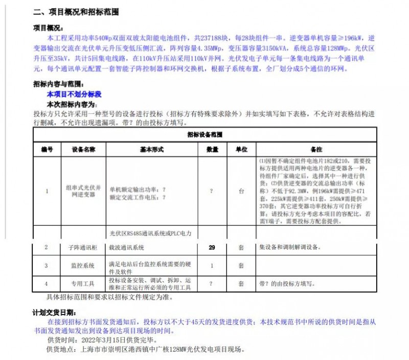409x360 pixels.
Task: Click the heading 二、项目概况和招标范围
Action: [76, 12]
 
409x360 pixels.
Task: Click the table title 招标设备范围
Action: [204, 134]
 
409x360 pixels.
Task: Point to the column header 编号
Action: [47, 150]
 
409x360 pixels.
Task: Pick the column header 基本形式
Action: [151, 150]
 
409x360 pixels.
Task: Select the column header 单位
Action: [241, 150]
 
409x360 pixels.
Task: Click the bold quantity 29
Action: [212, 248]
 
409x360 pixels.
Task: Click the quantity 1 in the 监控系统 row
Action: [212, 266]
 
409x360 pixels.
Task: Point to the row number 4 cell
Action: [47, 283]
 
